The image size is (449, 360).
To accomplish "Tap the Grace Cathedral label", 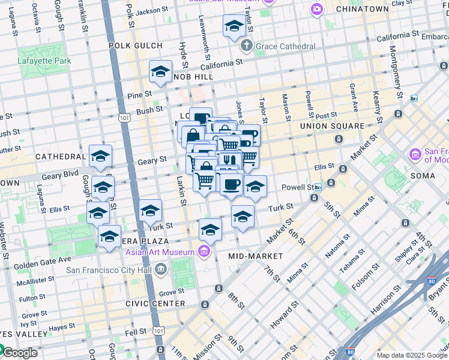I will pos(285,46).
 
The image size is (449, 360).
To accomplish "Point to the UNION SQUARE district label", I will pos(331,126).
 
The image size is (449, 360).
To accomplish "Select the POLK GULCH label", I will pos(136,46).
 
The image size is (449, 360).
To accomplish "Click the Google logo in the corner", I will pos(19,353).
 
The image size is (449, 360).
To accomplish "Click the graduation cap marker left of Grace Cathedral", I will pos(234,25).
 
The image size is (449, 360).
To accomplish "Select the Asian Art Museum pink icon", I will pos(205,251).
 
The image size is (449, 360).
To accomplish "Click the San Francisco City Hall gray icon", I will pos(160,270).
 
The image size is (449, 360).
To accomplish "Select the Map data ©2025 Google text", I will pos(412,355).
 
